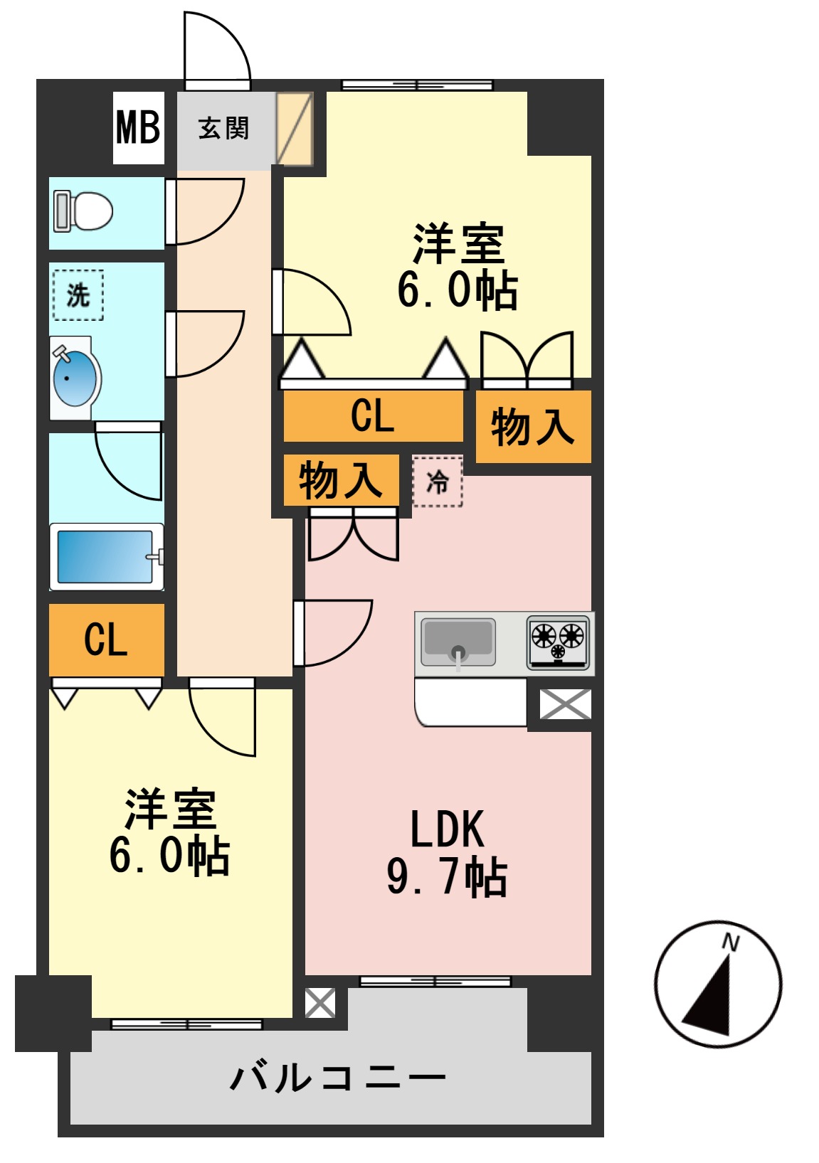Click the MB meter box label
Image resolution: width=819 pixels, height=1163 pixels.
coord(138,128)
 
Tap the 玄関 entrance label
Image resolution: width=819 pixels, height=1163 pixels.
coord(223,129)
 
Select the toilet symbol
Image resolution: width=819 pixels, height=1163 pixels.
coord(84,211)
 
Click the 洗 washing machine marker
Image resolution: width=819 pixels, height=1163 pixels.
coord(78,294)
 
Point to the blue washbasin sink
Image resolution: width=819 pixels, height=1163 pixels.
coord(75,378)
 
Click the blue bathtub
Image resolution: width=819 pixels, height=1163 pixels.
coord(105,556)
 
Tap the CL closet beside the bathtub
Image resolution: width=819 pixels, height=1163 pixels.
coord(106,639)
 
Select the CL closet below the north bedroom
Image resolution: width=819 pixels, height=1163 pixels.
coord(372,416)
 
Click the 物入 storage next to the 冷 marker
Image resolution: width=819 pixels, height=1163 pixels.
coord(340,480)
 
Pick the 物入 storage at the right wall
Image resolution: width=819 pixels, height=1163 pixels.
coord(532,427)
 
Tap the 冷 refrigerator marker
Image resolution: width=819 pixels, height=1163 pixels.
coord(438,482)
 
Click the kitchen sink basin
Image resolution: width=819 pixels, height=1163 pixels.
coord(458,640)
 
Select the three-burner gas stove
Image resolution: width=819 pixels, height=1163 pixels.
coord(559,642)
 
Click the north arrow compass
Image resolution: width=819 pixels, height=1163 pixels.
coord(717,985)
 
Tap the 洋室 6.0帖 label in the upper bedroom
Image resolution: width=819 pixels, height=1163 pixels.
coord(458,267)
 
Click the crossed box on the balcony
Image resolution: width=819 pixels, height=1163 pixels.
coord(320,1003)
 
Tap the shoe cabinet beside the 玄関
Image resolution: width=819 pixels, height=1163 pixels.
coord(295,129)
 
